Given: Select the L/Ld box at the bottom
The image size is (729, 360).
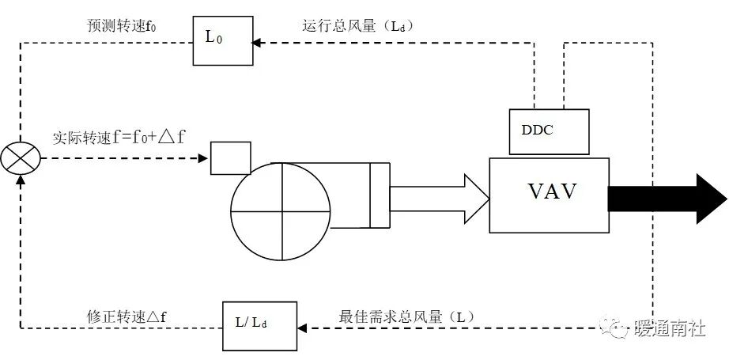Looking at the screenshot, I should [260, 325].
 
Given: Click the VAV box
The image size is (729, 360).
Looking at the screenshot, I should [549, 195].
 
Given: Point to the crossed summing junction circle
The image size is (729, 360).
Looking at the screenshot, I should [21, 159].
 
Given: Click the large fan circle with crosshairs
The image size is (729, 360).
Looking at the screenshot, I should [280, 212].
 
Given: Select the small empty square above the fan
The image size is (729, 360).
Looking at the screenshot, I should [230, 157].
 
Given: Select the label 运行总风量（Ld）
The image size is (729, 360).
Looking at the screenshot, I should [358, 26].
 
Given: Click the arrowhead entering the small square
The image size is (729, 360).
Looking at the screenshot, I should [204, 158].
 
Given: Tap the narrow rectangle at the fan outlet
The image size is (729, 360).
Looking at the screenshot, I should [380, 195].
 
